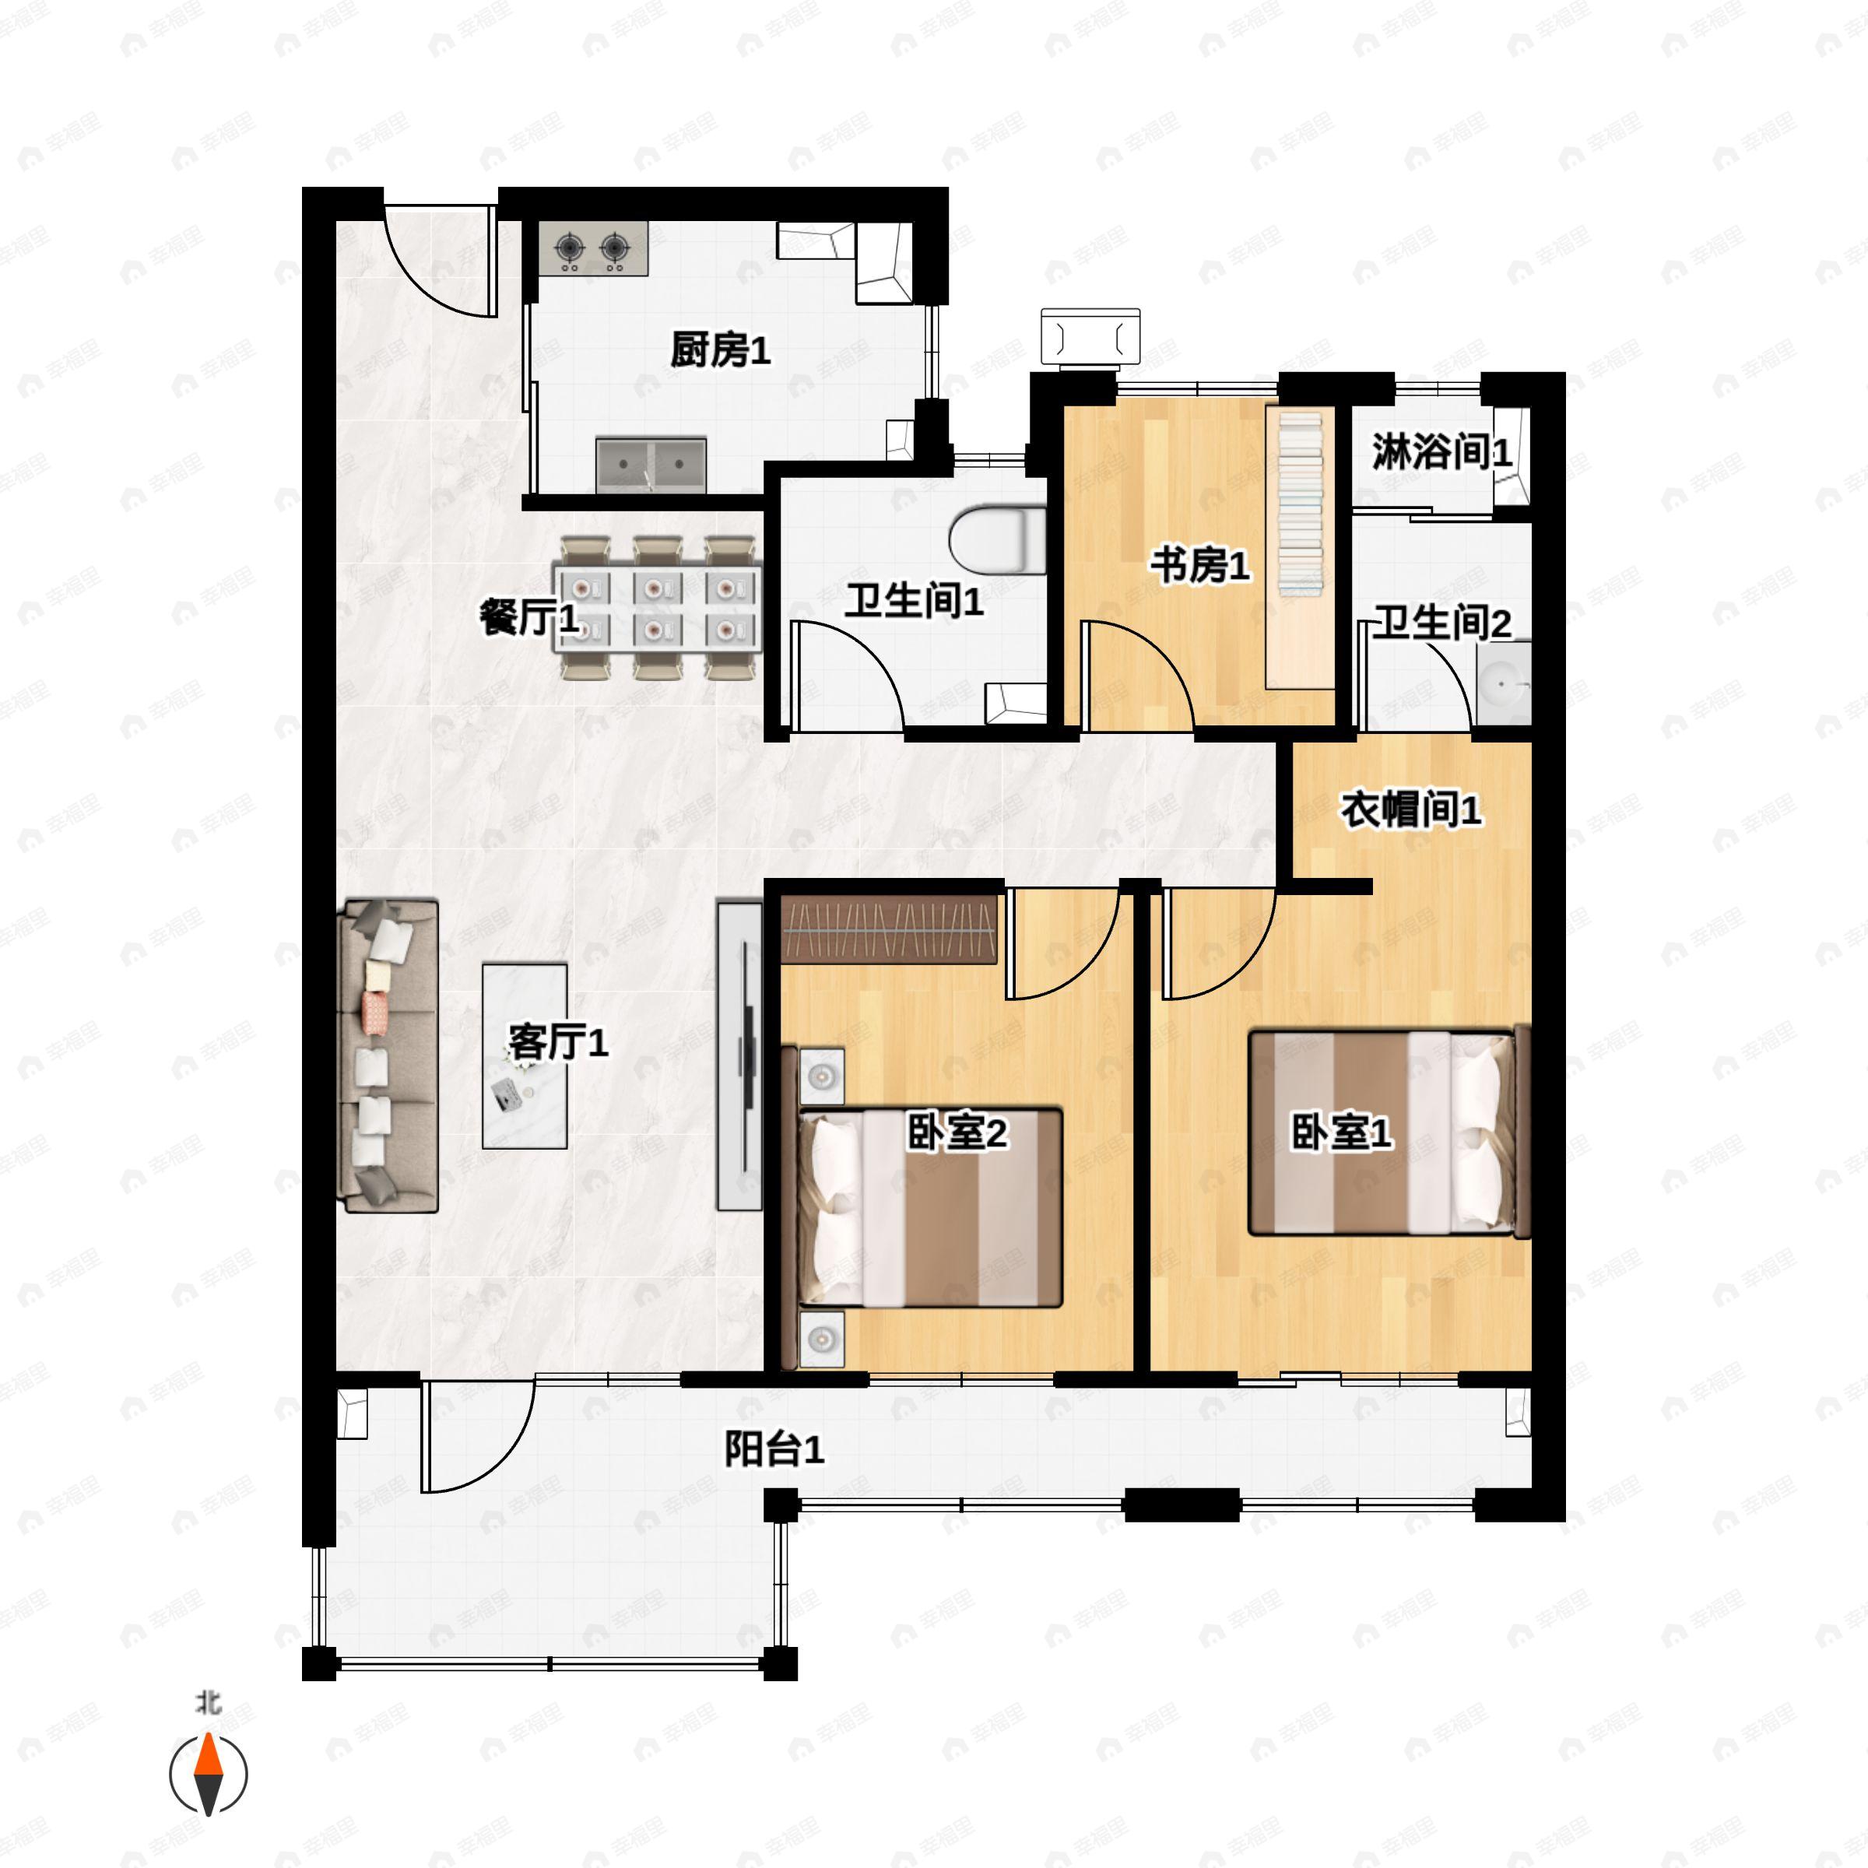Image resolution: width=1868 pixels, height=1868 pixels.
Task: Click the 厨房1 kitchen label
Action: tap(720, 350)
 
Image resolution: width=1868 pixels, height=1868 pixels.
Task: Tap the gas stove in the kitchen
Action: tap(592, 249)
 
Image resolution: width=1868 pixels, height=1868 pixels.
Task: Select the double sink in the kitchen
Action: tap(651, 464)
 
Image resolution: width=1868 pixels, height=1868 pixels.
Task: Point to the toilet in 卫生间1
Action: tap(996, 539)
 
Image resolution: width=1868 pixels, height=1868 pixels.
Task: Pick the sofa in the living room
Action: tap(388, 1056)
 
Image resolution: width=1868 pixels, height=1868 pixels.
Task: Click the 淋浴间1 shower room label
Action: tap(1440, 451)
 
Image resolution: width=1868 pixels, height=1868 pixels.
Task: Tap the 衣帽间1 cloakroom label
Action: tap(1410, 809)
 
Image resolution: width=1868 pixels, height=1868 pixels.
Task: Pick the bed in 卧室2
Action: tap(929, 1209)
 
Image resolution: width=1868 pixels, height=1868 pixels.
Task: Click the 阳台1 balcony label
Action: tap(774, 1449)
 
